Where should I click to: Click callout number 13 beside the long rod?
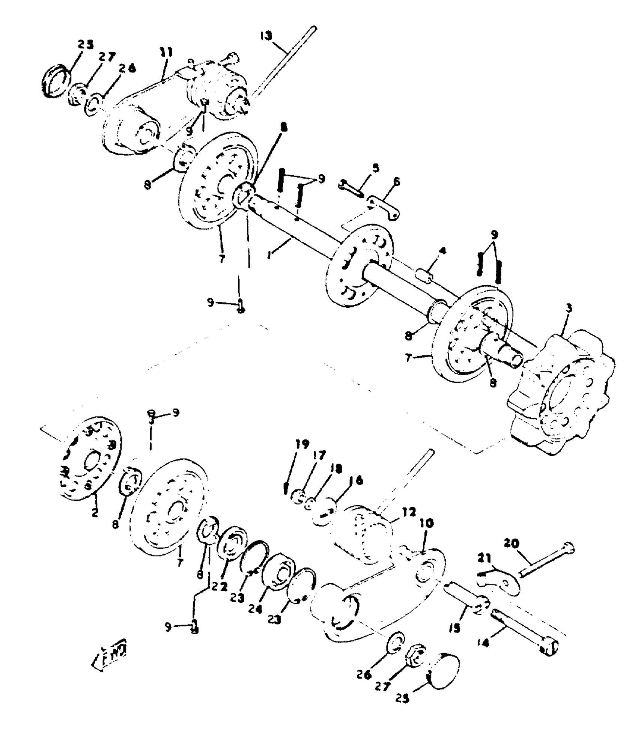(266, 36)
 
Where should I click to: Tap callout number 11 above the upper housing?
(166, 53)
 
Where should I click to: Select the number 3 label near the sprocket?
(569, 309)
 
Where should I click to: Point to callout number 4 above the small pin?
(443, 251)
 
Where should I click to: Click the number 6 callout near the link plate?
(375, 167)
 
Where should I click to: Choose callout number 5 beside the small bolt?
(396, 182)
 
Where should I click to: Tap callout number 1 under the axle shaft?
(269, 255)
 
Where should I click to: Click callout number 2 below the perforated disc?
(95, 512)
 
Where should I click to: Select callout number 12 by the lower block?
(409, 512)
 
